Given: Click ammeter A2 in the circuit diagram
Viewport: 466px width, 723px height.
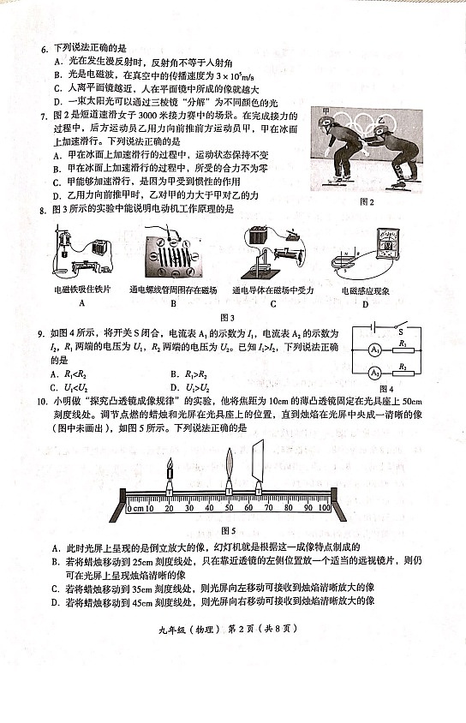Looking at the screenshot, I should point(374,373).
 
